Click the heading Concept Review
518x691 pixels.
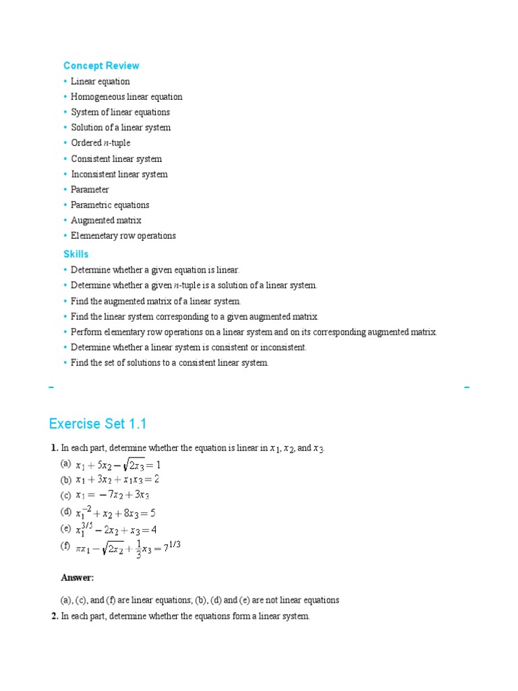101,65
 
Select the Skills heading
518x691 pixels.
76,254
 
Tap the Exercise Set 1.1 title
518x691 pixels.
98,424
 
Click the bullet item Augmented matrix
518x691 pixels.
106,220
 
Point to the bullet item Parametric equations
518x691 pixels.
110,204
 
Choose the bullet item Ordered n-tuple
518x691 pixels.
100,143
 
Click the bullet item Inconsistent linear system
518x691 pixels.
119,174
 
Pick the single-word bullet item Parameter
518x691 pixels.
90,190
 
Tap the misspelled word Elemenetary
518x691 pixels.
95,236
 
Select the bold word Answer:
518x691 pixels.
78,578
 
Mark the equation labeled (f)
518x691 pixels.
128,549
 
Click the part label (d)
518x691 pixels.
65,512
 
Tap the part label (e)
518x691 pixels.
65,528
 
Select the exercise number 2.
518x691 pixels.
54,617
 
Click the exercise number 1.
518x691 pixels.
53,447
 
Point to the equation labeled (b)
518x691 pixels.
117,480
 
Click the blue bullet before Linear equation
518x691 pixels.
66,82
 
